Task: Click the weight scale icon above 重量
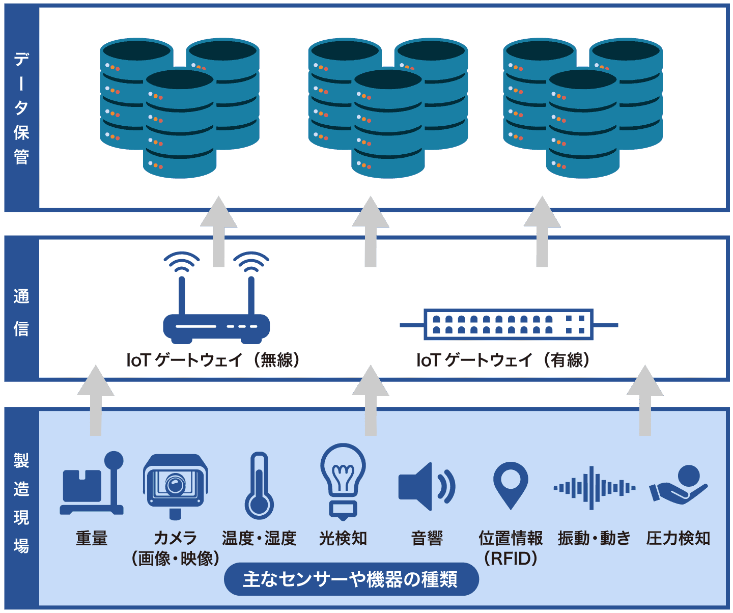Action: coord(92,484)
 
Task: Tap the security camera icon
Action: coord(175,484)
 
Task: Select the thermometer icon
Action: coord(259,486)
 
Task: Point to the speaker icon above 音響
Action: coord(426,486)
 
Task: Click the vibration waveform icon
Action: coord(594,488)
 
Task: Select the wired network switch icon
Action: coord(509,324)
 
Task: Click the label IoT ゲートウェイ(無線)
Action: coord(213,360)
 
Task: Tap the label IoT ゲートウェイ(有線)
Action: coord(503,360)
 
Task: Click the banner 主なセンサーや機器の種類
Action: coord(351,579)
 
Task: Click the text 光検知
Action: coord(343,538)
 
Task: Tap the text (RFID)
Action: coord(510,559)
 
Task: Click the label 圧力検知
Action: coord(678,538)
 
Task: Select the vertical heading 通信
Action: coord(21,312)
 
